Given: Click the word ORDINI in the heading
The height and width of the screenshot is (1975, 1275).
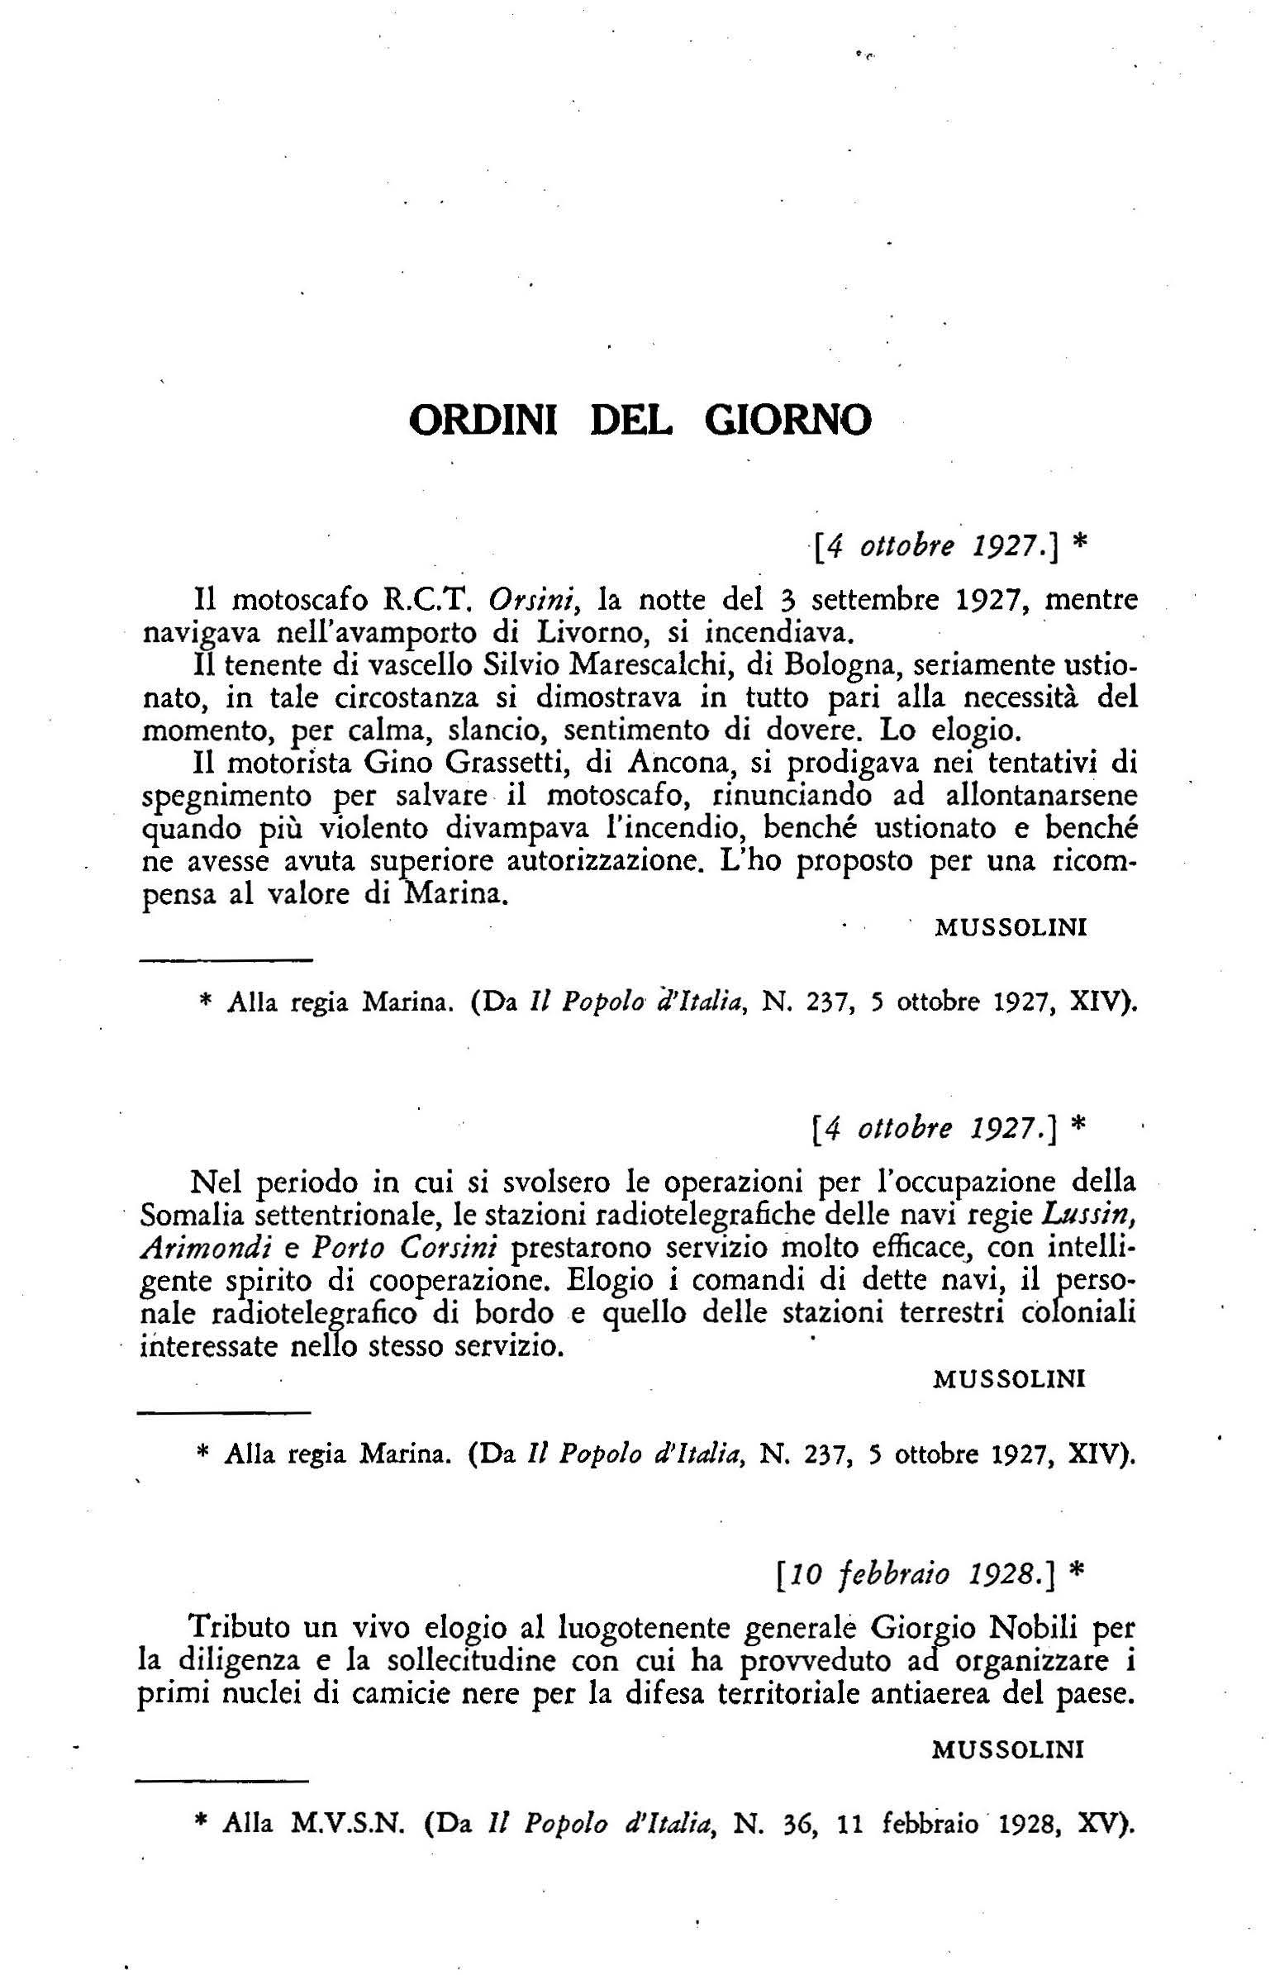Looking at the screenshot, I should pos(483,421).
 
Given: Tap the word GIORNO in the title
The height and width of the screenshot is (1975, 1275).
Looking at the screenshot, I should pos(787,421).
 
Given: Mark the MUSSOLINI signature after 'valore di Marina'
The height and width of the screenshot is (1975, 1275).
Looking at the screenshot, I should pos(1010,927).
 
